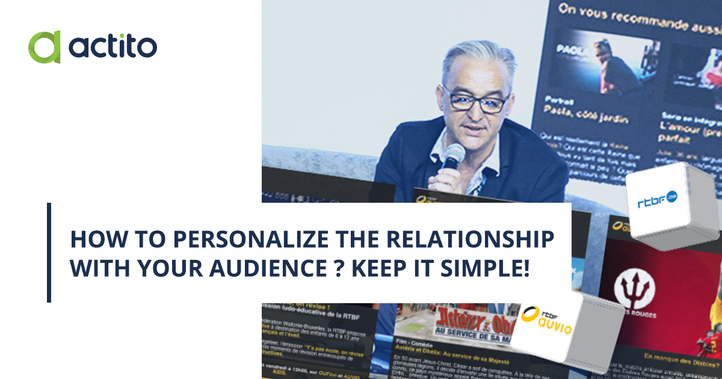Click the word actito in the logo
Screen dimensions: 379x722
(113, 46)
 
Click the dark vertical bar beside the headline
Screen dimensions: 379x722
(49, 252)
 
